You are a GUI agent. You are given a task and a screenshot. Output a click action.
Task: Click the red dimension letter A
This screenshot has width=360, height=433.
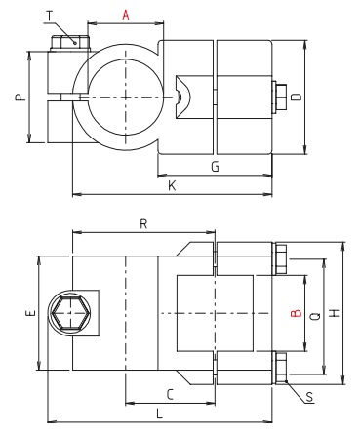[x=125, y=15]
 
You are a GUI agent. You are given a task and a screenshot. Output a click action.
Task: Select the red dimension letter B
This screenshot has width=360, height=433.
[x=293, y=313]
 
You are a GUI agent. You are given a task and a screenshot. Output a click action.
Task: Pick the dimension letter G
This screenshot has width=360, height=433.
[x=214, y=167]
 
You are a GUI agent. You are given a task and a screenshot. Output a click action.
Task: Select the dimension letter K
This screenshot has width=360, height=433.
[x=172, y=184]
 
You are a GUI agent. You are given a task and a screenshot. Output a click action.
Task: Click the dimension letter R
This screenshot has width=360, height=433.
[x=143, y=224]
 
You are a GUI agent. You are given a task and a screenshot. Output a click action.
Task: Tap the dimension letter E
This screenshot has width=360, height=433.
[x=30, y=313]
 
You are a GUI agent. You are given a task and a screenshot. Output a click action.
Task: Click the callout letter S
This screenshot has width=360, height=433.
[x=309, y=398]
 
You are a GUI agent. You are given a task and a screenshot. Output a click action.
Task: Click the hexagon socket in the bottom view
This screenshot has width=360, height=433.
[x=70, y=314]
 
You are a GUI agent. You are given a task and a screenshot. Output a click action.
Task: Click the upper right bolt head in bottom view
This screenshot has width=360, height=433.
[x=280, y=258]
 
